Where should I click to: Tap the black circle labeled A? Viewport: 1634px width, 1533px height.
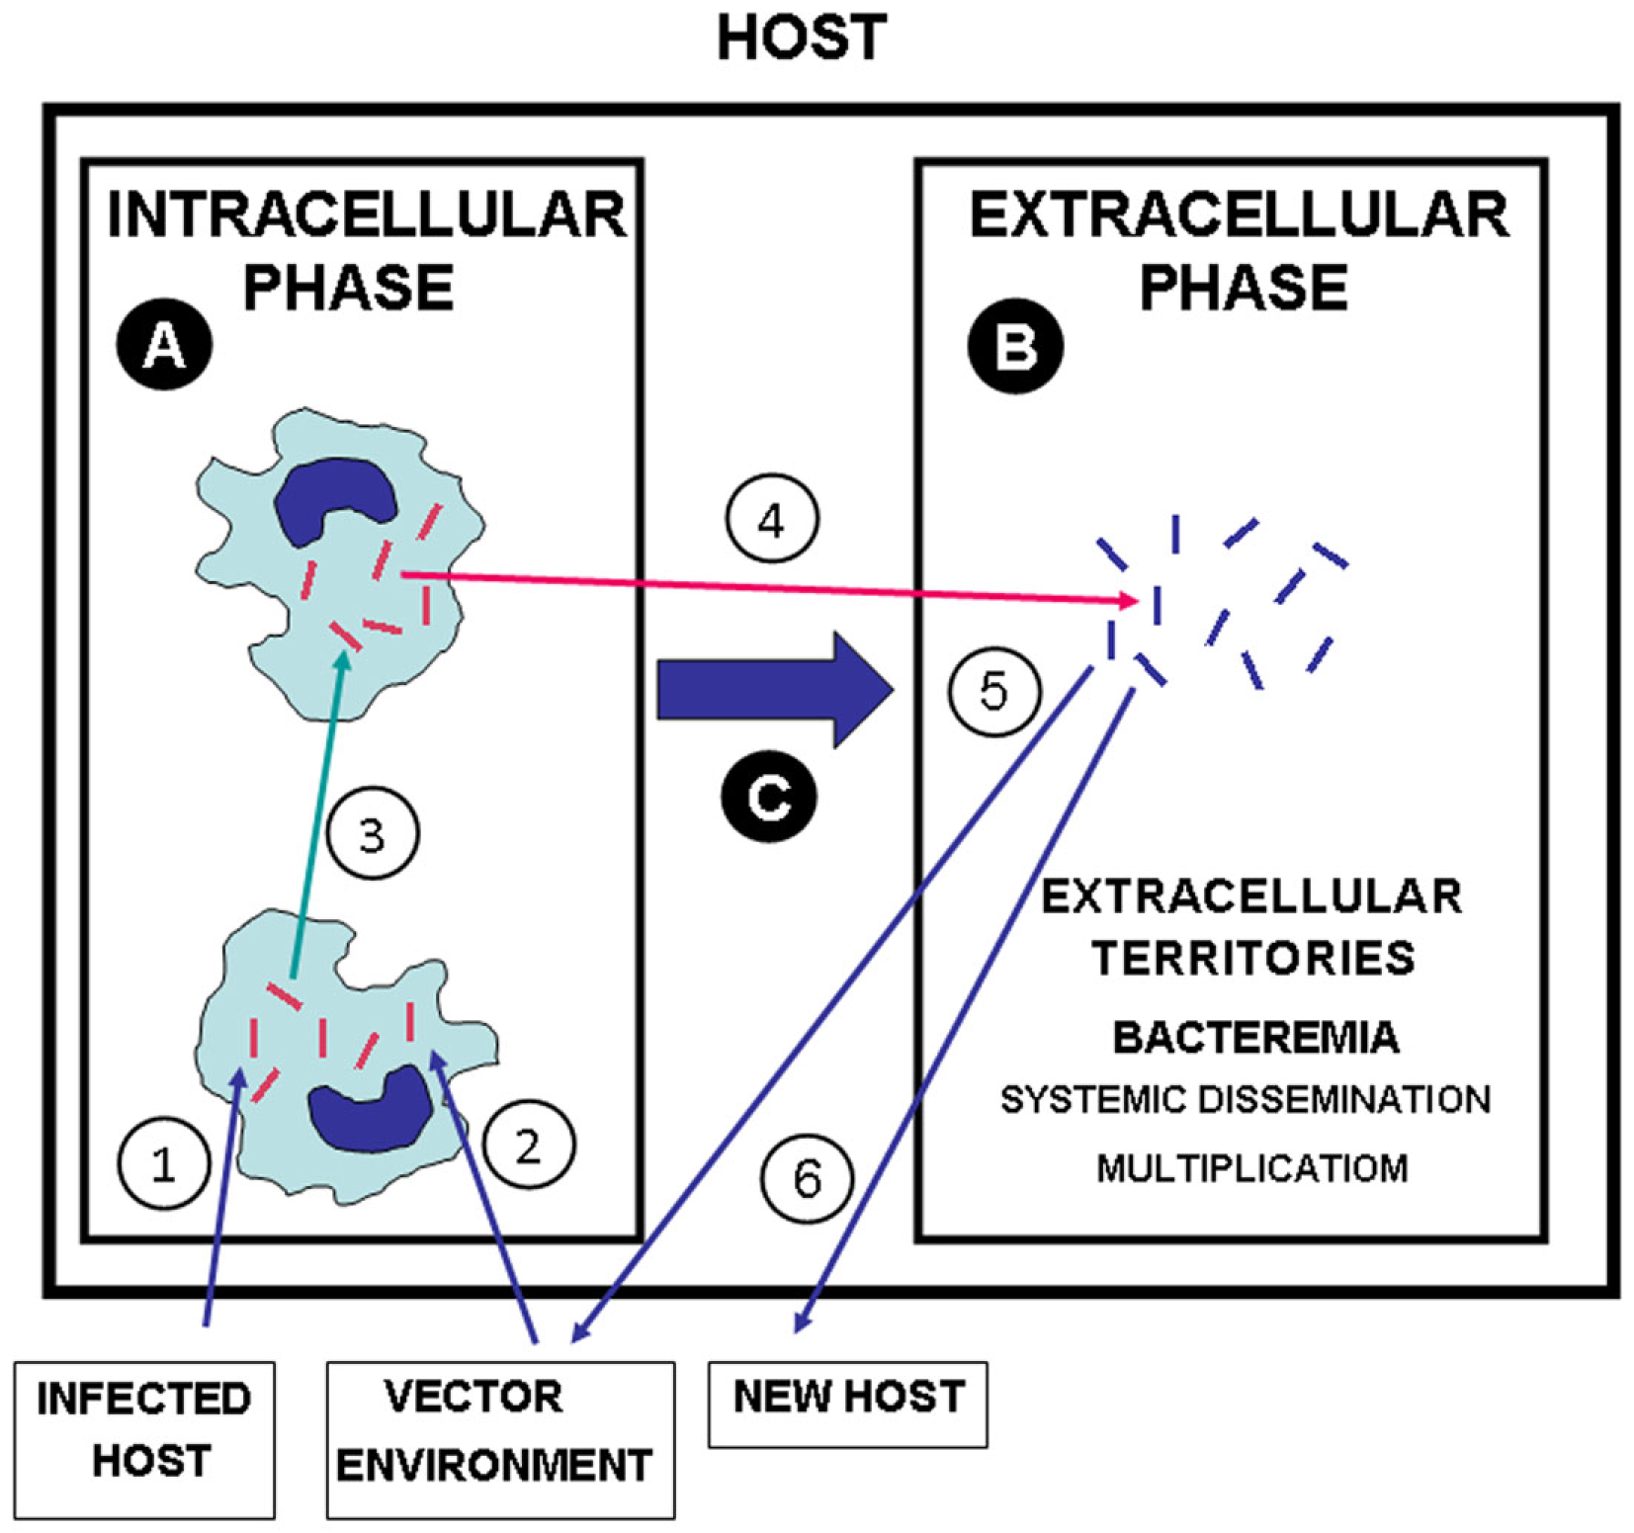point(164,346)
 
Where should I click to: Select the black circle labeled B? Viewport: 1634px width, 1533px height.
point(1015,347)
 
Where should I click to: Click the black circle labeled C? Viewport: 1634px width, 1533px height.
point(768,797)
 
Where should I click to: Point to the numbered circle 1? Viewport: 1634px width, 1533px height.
point(163,1163)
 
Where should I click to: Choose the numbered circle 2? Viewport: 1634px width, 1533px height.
point(528,1146)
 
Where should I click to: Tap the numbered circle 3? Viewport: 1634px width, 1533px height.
point(372,834)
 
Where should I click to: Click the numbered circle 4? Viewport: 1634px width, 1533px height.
point(772,519)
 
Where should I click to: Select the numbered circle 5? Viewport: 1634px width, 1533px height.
point(993,690)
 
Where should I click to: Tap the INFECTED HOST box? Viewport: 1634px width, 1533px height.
point(144,1438)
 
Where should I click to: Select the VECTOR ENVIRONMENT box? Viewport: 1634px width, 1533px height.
point(500,1438)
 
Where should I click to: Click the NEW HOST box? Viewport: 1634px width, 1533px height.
point(847,1403)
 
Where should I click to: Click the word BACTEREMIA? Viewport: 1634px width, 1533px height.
point(1255,1038)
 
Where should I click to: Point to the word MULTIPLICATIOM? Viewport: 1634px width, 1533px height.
point(1251,1168)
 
